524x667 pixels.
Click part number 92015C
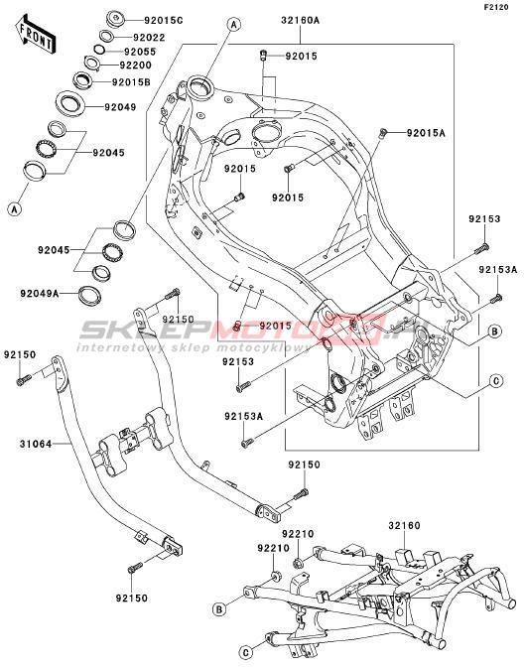(x=164, y=21)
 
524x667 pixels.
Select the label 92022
(x=149, y=38)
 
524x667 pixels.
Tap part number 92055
(x=140, y=52)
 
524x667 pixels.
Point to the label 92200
(x=135, y=66)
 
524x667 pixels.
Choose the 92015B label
(x=131, y=82)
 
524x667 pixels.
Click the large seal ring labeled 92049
(x=69, y=103)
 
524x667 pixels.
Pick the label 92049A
(x=40, y=294)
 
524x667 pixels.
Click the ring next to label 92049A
(x=89, y=296)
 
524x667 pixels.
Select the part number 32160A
(x=301, y=20)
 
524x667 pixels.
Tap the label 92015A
(x=426, y=133)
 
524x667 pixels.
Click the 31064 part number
(x=36, y=444)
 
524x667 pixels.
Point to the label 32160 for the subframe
(x=404, y=526)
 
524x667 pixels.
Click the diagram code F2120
(x=496, y=7)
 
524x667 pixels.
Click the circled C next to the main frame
(x=496, y=381)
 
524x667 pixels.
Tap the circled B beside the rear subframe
(x=219, y=609)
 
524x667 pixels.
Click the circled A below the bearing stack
(x=15, y=208)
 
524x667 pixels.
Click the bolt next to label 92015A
(x=382, y=133)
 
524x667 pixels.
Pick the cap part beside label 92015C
(x=115, y=20)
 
